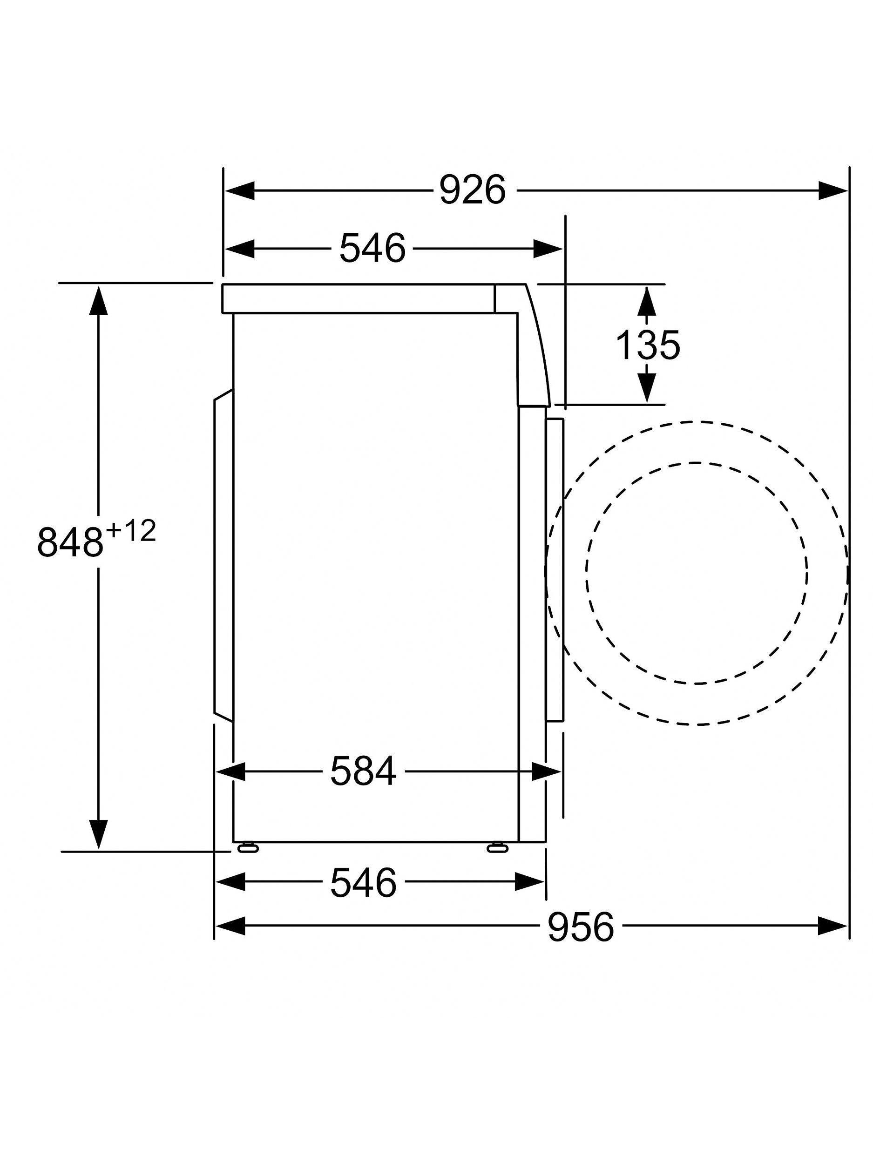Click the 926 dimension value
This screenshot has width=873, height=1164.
pyautogui.click(x=472, y=190)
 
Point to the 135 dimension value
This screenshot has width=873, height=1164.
pyautogui.click(x=647, y=345)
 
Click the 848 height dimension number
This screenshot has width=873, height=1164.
pyautogui.click(x=69, y=541)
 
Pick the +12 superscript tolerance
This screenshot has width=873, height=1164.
pyautogui.click(x=130, y=532)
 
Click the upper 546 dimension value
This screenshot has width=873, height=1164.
pyautogui.click(x=372, y=248)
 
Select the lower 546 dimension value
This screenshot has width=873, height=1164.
pyautogui.click(x=363, y=883)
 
